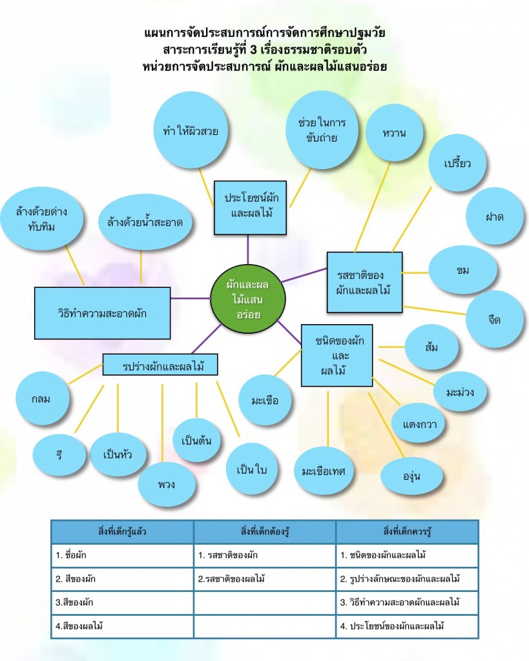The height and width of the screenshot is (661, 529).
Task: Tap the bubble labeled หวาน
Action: [394, 133]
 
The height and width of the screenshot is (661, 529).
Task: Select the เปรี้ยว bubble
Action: [458, 163]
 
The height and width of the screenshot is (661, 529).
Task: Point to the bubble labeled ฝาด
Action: [494, 216]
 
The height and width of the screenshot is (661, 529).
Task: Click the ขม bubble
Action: [462, 270]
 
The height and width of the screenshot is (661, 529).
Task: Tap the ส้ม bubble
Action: [432, 347]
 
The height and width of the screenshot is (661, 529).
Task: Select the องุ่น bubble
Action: [412, 476]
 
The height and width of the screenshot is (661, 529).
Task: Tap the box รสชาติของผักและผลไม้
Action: [364, 283]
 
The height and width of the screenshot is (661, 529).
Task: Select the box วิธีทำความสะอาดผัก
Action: [102, 313]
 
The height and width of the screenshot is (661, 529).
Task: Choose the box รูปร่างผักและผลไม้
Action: [160, 365]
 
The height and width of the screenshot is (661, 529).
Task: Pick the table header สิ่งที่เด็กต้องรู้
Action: [264, 532]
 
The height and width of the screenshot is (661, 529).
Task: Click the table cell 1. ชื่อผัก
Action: [122, 555]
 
